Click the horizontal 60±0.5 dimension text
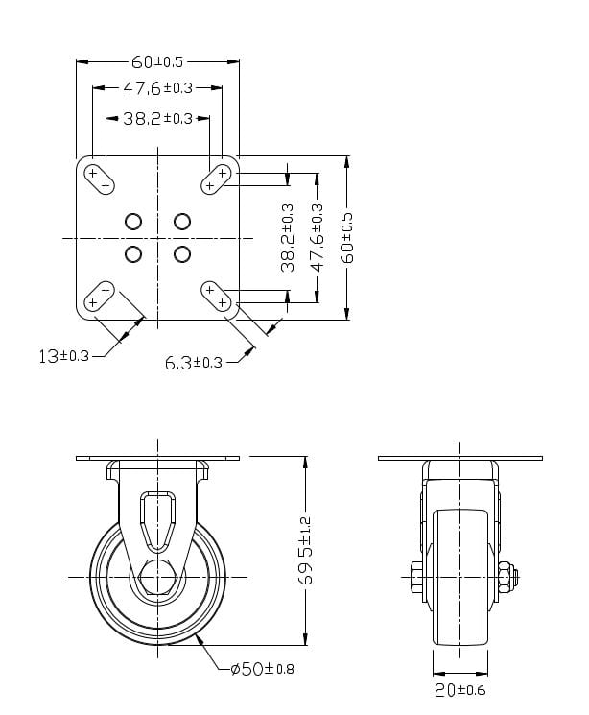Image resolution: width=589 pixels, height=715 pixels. coord(157,62)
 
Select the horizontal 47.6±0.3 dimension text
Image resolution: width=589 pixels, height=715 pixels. coord(157,88)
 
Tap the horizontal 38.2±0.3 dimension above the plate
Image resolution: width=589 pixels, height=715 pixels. coord(157,119)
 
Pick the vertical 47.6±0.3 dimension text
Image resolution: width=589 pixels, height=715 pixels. coord(318,238)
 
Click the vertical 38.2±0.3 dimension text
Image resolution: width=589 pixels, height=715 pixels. coord(287,238)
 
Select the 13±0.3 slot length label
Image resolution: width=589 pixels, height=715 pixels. coord(63,356)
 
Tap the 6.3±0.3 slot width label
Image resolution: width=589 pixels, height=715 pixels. coord(193,362)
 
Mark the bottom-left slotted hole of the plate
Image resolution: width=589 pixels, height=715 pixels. coord(99,297)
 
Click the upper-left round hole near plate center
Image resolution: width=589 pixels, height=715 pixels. coord(132,222)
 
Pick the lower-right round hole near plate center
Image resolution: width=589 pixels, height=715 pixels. coord(181,253)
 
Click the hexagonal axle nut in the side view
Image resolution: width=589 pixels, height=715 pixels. coord(157,577)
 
